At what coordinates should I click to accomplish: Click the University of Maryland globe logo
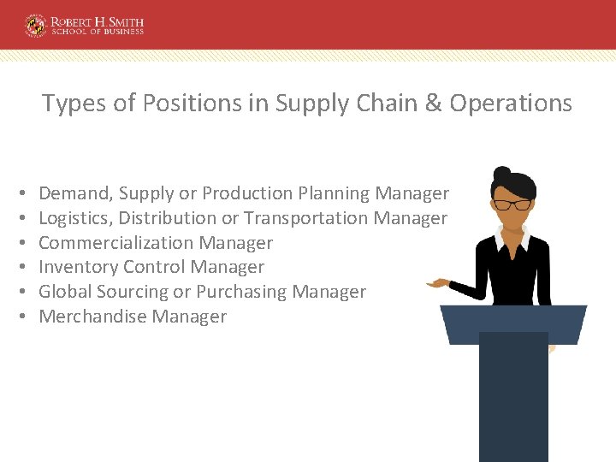pyautogui.click(x=36, y=25)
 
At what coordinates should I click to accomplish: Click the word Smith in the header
pyautogui.click(x=120, y=21)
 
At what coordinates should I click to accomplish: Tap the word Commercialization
pyautogui.click(x=116, y=243)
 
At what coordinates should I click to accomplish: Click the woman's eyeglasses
pyautogui.click(x=512, y=204)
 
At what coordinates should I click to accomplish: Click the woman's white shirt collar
pyautogui.click(x=514, y=239)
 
